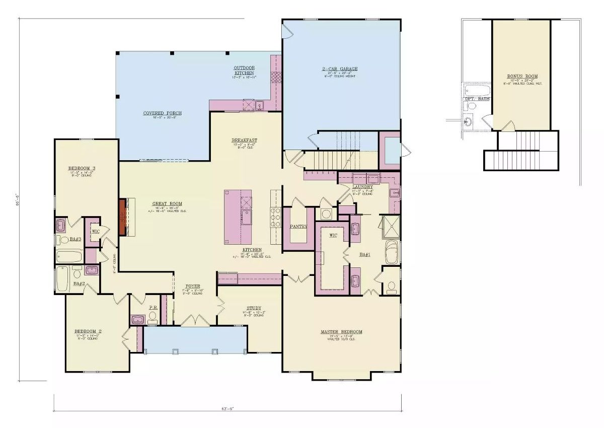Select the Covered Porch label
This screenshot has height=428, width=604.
coord(162,113)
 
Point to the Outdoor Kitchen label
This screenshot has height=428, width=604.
coord(244,70)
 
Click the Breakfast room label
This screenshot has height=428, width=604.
coord(245,140)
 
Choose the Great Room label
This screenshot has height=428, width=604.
coord(167,204)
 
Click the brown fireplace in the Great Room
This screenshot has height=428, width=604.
coord(122,217)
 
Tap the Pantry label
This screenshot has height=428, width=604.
coord(298,227)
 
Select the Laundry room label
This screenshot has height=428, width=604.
coord(362,187)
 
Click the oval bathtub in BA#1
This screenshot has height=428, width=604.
coord(391,252)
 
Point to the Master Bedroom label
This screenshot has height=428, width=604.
coord(341,332)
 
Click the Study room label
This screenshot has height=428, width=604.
coord(254,309)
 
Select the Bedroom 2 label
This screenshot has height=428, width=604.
coord(88,331)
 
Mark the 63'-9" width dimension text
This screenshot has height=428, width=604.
coord(226,408)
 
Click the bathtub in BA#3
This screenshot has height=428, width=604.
coord(68,257)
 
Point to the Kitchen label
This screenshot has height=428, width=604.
coord(252,250)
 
